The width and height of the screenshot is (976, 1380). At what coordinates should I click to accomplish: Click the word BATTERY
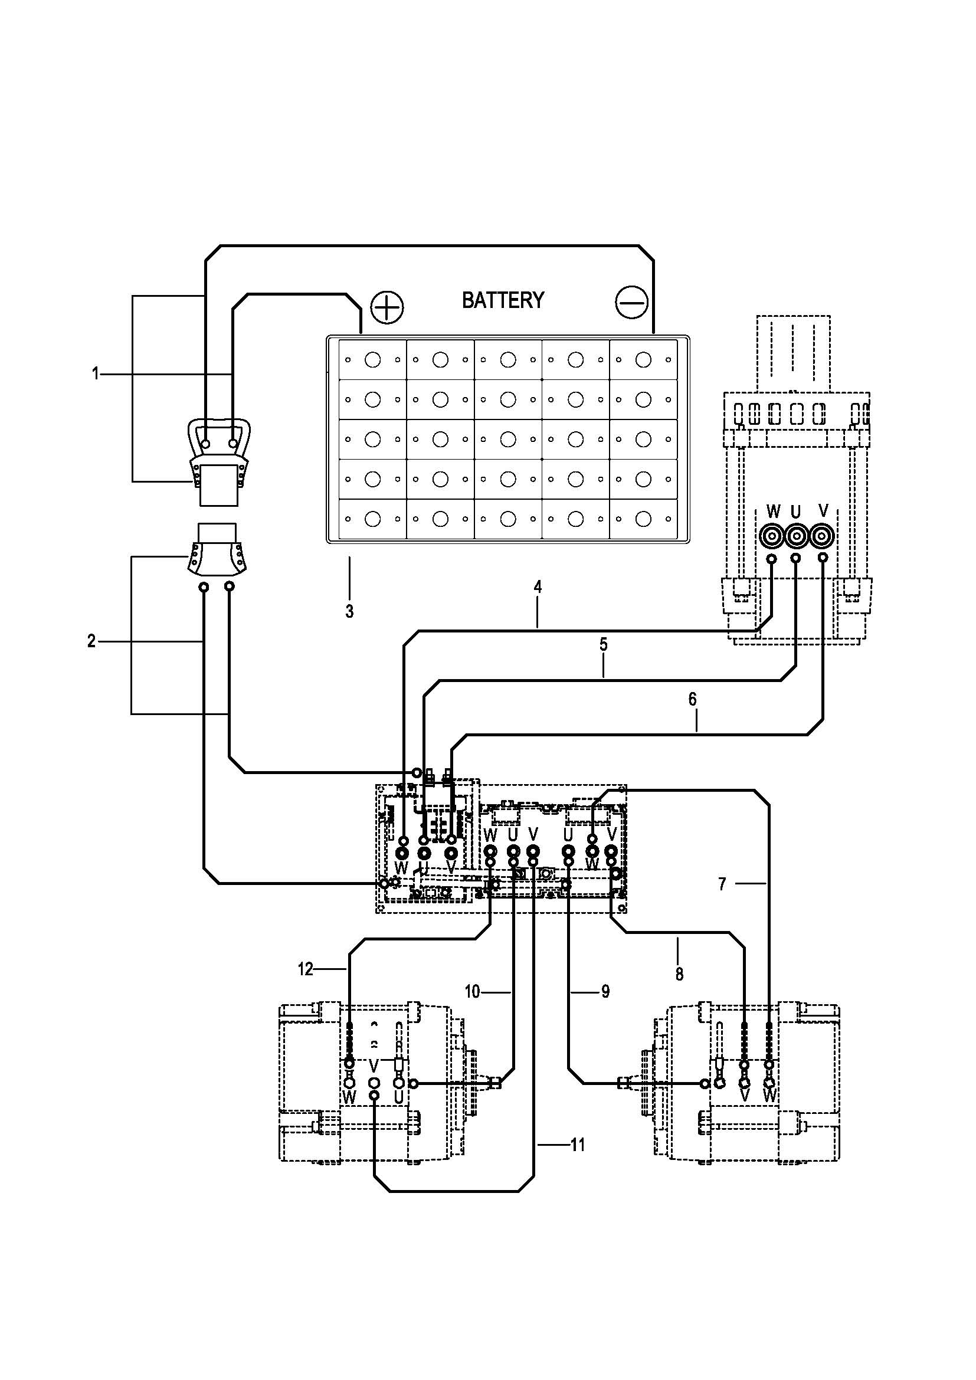coord(502,300)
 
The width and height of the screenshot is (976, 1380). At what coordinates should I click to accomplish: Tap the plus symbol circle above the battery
coord(387,308)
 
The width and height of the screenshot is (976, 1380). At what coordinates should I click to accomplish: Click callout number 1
coord(95,374)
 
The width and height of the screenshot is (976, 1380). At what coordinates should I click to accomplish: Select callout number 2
coord(91,641)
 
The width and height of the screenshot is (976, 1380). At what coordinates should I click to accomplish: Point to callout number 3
coord(349,611)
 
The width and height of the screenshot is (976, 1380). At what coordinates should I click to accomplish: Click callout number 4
coord(538,586)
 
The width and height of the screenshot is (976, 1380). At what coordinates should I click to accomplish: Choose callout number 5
coord(604,644)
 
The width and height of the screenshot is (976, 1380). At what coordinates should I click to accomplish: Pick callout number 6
coord(692,699)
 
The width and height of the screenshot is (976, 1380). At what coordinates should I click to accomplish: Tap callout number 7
coord(722,884)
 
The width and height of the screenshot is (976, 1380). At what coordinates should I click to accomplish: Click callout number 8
coord(679,974)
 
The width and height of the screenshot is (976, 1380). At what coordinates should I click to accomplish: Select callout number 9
coord(605,991)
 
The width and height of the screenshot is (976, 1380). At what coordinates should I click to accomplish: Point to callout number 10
coord(473,991)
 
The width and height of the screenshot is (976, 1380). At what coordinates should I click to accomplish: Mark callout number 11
coord(578,1145)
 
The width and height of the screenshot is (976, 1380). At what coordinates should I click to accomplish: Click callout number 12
coord(306,969)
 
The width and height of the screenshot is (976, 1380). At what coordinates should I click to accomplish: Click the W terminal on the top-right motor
coord(772,535)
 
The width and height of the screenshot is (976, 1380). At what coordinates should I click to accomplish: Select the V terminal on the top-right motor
coord(821,535)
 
